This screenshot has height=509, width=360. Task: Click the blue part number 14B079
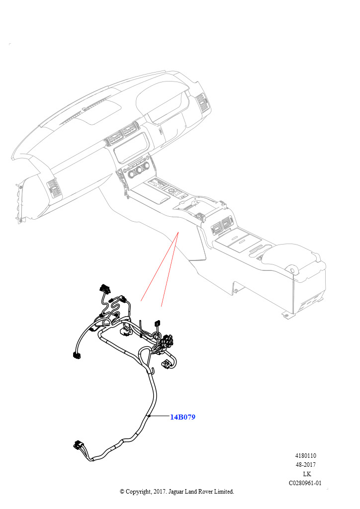coord(182,417)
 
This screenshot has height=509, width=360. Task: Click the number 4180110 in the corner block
coord(306,456)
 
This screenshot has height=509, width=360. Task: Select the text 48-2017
coord(306,465)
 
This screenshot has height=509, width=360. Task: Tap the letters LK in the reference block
coord(306,474)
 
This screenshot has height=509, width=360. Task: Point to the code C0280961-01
coord(305,483)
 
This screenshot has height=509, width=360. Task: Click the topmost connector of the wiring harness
coord(105,288)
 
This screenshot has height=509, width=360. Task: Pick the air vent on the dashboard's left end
coord(53,190)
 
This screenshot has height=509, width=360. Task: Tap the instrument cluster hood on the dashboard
coord(164,97)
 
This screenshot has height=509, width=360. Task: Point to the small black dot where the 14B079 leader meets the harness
coord(149,416)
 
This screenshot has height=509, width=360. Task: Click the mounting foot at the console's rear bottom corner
coord(285,314)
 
